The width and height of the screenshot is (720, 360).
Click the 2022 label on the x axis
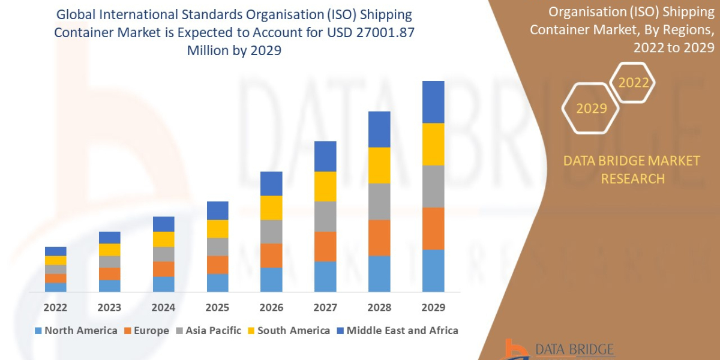[x=55, y=307]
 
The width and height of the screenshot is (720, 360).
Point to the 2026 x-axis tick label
[x=271, y=307]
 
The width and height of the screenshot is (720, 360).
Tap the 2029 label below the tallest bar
[x=433, y=307]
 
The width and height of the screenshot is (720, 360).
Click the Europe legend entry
[x=148, y=331]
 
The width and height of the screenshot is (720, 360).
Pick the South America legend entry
[x=288, y=331]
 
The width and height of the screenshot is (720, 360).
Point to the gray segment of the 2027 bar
[x=325, y=216]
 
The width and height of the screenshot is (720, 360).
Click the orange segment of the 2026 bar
[x=271, y=256]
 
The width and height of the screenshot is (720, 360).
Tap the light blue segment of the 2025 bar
[x=217, y=283]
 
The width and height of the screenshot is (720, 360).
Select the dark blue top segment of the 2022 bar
[x=55, y=251]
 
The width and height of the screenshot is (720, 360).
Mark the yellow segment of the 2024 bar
[x=163, y=239]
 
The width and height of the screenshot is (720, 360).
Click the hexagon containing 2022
[x=633, y=83]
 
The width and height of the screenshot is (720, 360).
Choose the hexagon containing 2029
[x=591, y=109]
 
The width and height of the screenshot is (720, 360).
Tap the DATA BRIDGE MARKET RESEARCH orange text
[x=632, y=169]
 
